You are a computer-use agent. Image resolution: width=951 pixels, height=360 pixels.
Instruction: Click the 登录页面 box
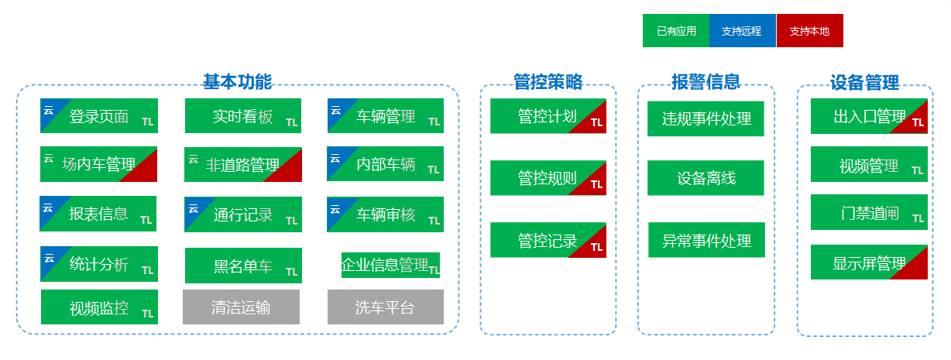point(98,116)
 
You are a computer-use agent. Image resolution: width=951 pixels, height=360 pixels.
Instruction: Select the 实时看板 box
point(242,116)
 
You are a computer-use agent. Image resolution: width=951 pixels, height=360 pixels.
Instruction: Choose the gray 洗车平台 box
point(385,307)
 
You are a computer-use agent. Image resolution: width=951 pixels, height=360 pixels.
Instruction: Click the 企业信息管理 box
point(390,266)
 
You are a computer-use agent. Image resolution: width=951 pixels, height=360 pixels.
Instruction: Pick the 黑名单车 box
point(242,266)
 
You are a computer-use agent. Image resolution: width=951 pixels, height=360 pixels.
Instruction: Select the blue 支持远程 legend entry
point(742,31)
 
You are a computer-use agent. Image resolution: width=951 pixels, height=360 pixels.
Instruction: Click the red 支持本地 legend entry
point(809,31)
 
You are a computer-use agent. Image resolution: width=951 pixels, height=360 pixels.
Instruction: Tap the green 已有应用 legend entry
point(676,31)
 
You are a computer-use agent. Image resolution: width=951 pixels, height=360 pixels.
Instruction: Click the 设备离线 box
point(706,178)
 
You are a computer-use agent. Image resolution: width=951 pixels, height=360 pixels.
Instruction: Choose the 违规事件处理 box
point(706,118)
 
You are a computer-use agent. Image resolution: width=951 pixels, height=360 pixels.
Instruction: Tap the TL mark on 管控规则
point(596,184)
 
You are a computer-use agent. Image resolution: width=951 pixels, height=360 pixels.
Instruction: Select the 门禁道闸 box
point(869,212)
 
